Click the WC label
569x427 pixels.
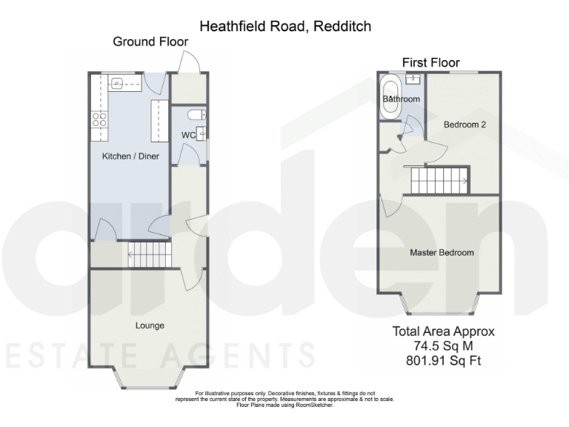188,135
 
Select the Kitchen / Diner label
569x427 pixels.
130,156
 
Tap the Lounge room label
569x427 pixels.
150,325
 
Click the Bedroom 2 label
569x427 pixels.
465,125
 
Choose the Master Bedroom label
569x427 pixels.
442,253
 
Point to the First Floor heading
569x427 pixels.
430,62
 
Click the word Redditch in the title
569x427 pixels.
341,27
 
